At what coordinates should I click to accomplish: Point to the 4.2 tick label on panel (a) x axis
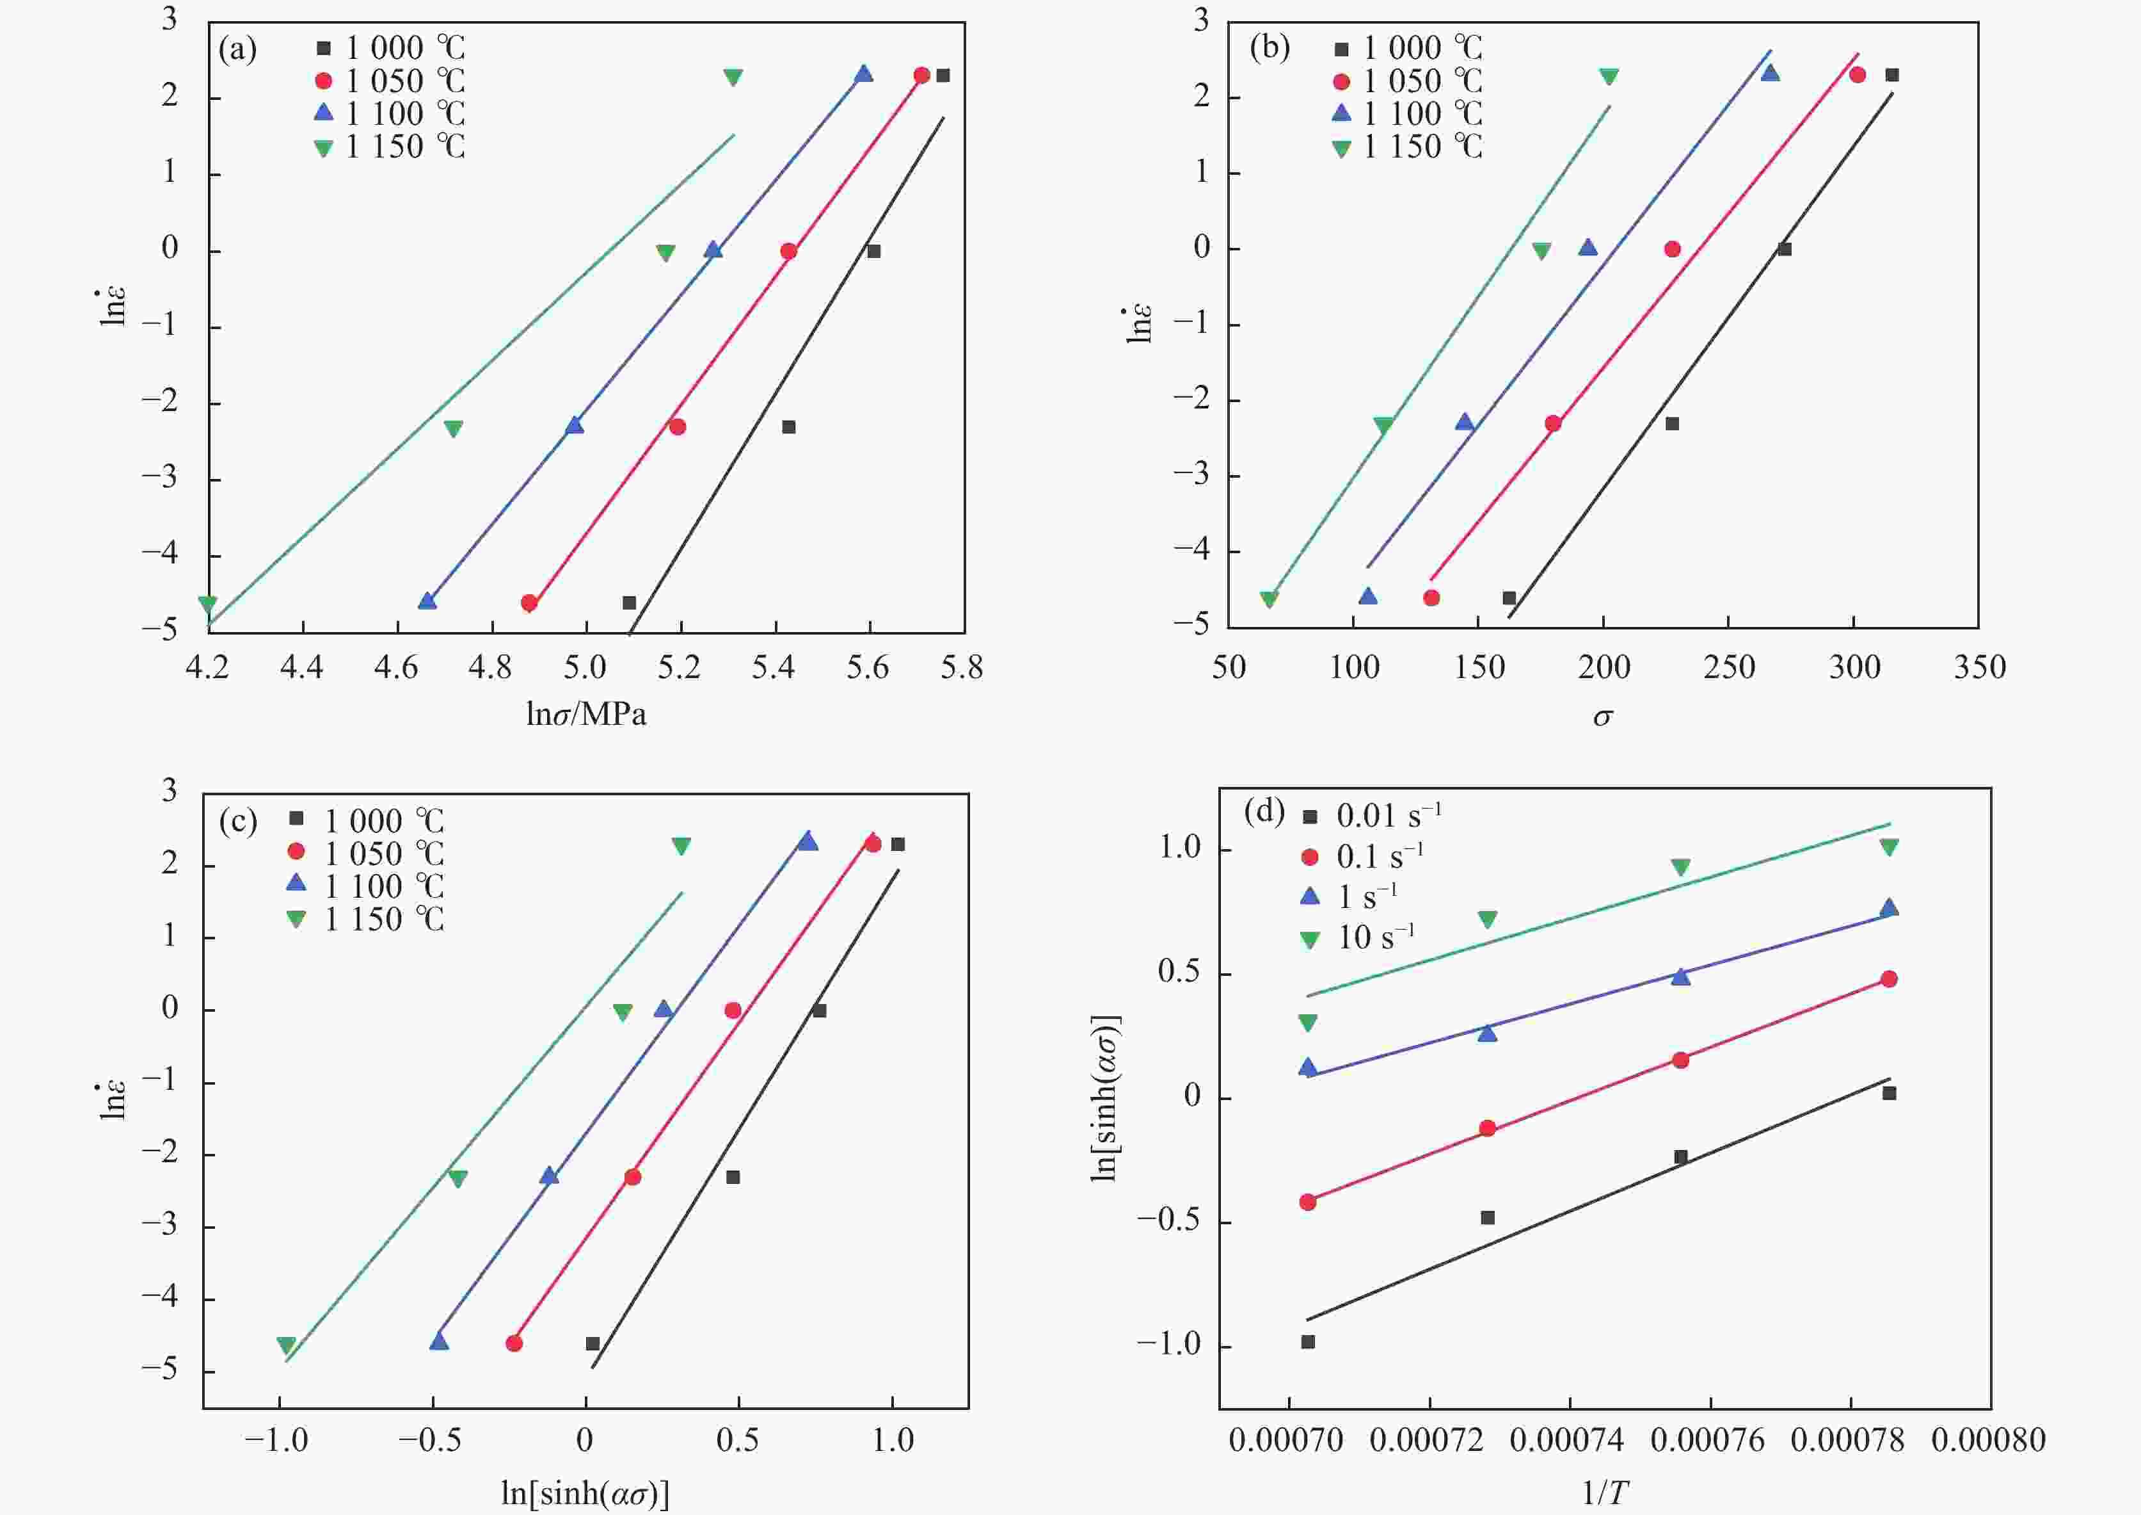point(208,668)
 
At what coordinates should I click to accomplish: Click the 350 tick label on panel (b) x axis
point(1978,668)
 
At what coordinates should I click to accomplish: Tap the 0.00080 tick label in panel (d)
point(1988,1439)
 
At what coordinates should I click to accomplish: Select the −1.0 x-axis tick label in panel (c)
point(277,1439)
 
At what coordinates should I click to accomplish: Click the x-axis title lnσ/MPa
point(585,715)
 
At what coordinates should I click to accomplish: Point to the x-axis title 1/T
point(1604,1493)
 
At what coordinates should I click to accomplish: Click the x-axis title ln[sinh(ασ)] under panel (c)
point(585,1493)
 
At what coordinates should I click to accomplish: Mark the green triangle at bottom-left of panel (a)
point(208,604)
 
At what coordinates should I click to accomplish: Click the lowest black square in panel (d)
point(1307,1341)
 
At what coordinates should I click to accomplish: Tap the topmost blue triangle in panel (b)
point(1770,73)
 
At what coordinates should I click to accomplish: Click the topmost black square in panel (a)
point(943,76)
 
